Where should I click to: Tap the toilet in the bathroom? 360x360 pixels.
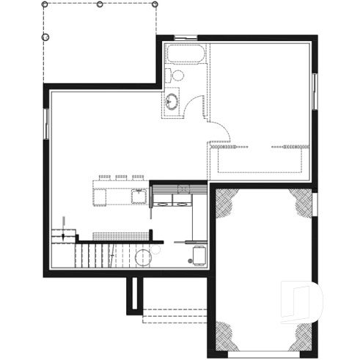click(x=176, y=74)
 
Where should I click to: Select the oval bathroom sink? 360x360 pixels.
click(x=172, y=101)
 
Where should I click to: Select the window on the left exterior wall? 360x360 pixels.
click(x=48, y=124)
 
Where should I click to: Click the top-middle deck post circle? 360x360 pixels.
click(x=100, y=4)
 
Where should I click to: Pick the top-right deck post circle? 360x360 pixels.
click(x=155, y=4)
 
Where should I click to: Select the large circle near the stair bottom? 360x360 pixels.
click(x=142, y=257)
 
